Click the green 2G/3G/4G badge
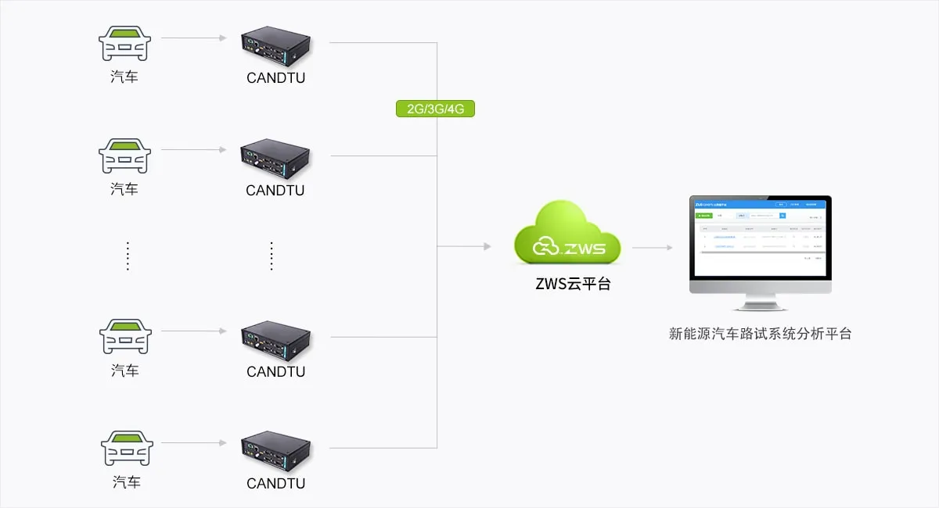click(435, 109)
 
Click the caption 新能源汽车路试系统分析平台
click(760, 334)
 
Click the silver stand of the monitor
click(760, 301)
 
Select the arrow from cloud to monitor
click(652, 248)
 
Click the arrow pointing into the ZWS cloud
click(464, 246)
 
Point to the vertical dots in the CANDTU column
click(272, 256)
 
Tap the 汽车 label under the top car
click(124, 77)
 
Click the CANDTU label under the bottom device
click(276, 483)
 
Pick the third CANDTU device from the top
click(276, 339)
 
